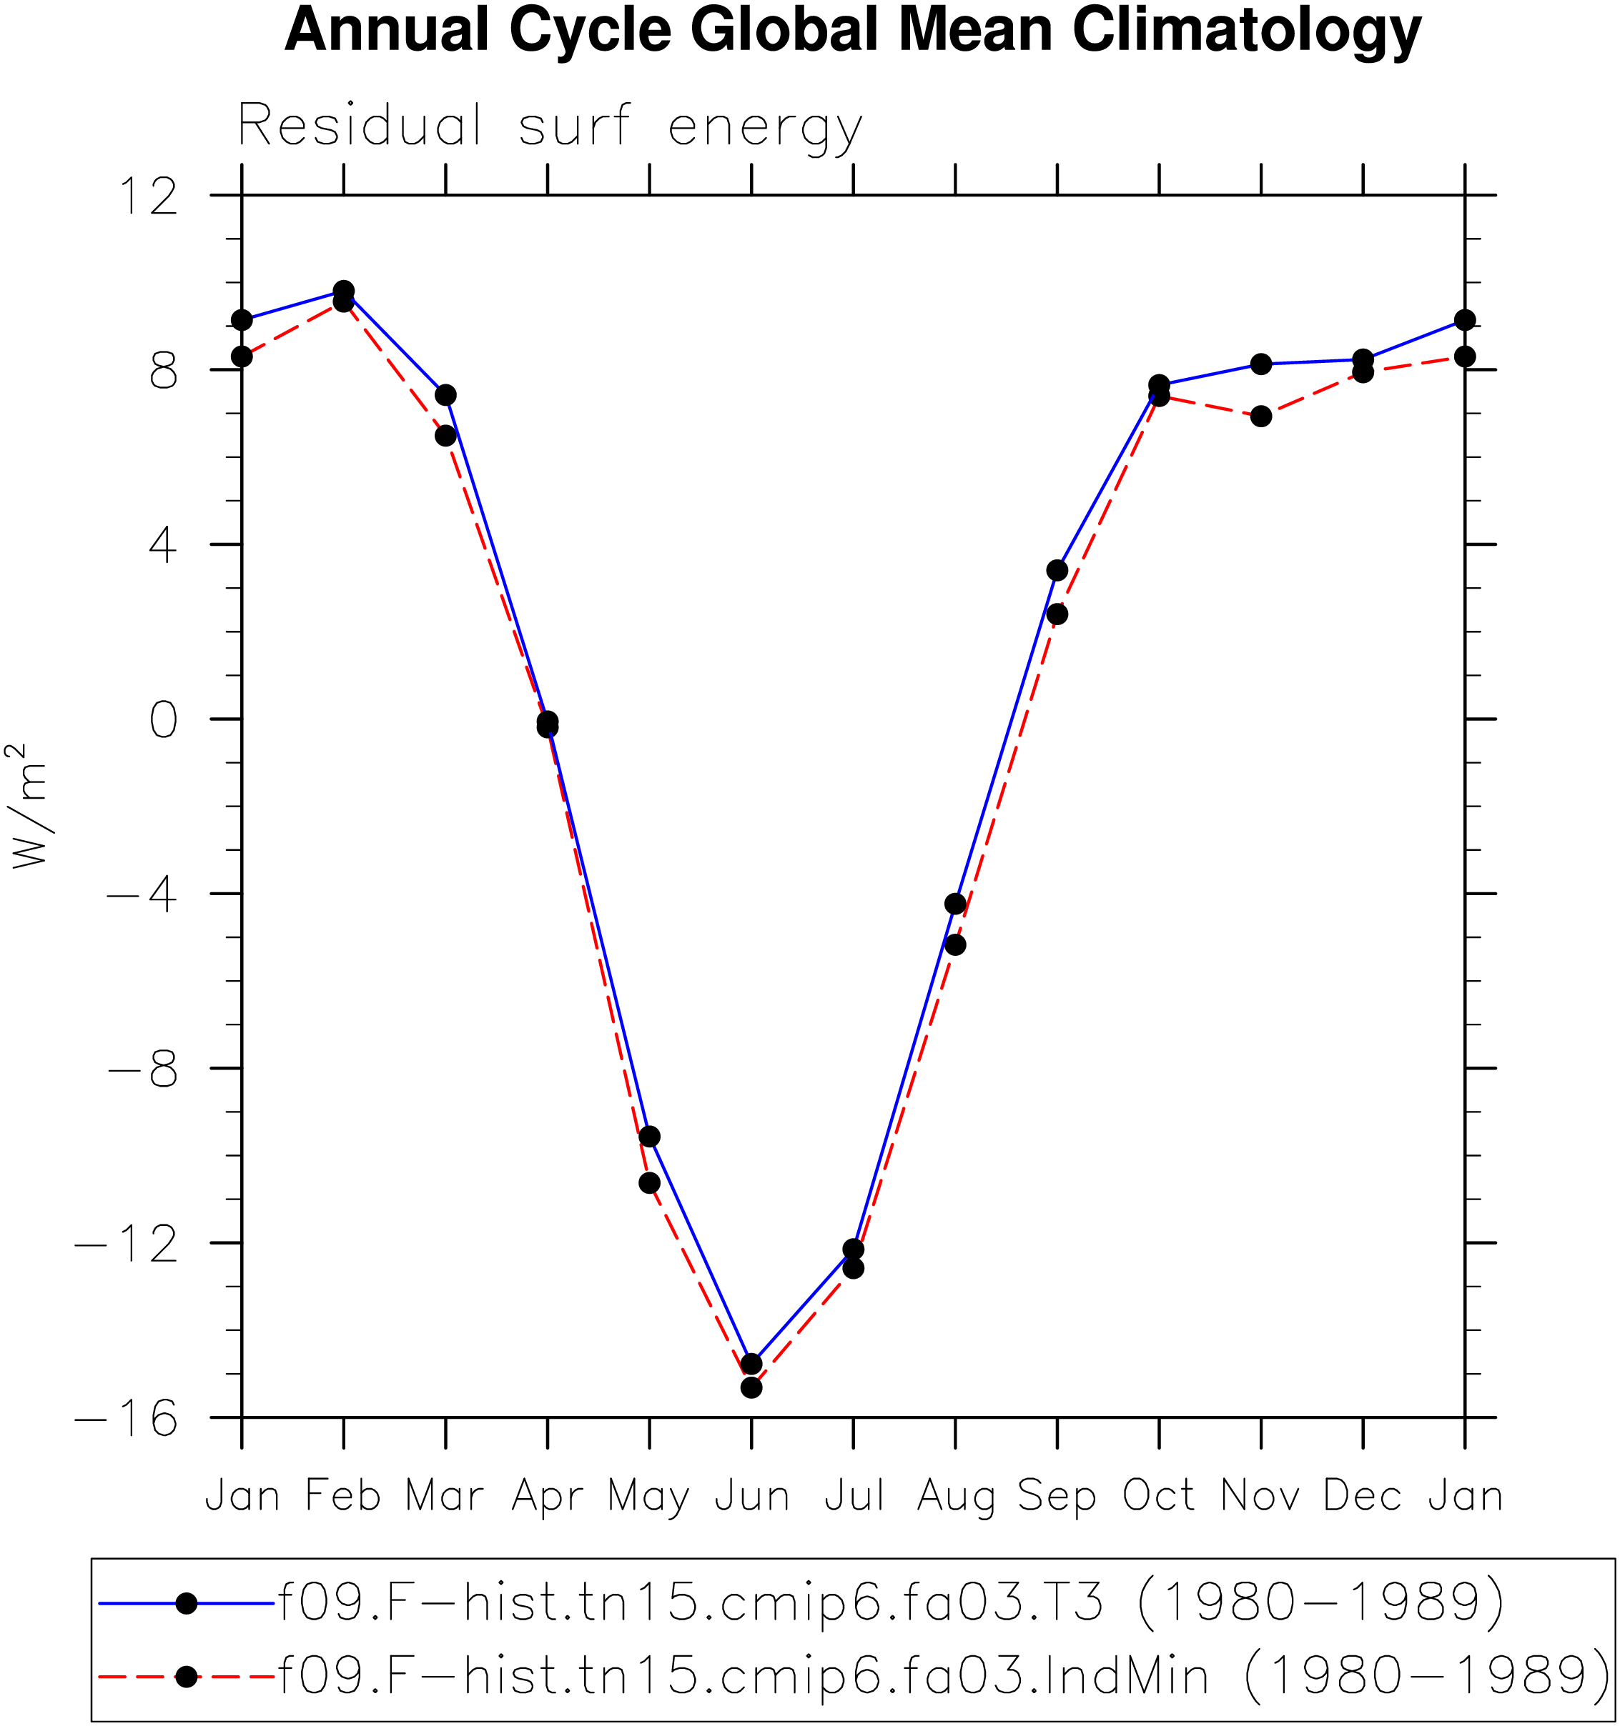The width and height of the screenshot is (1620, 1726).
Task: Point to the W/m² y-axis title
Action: coord(28,807)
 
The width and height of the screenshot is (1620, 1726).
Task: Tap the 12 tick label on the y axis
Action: coord(149,196)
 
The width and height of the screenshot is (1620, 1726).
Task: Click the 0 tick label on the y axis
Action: coord(163,719)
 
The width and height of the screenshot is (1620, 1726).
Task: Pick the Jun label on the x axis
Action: coord(751,1496)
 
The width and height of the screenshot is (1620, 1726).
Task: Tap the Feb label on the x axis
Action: coord(343,1496)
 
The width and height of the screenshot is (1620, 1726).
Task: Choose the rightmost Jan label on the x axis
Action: coord(1465,1496)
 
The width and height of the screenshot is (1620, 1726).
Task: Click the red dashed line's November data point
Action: coord(1260,416)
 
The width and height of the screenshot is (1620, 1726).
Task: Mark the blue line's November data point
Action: coord(1260,364)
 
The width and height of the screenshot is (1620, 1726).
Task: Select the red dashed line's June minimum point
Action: coord(751,1387)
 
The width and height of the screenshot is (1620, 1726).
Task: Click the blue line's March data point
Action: coord(445,395)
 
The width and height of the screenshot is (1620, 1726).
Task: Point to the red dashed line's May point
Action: coord(649,1182)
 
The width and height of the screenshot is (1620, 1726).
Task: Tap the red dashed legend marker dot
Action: coord(186,1677)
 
